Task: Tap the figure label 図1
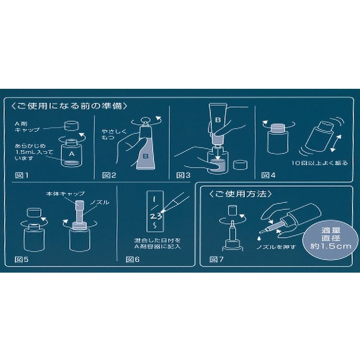(21, 175)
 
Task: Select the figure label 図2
(109, 175)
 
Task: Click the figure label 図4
(269, 175)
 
